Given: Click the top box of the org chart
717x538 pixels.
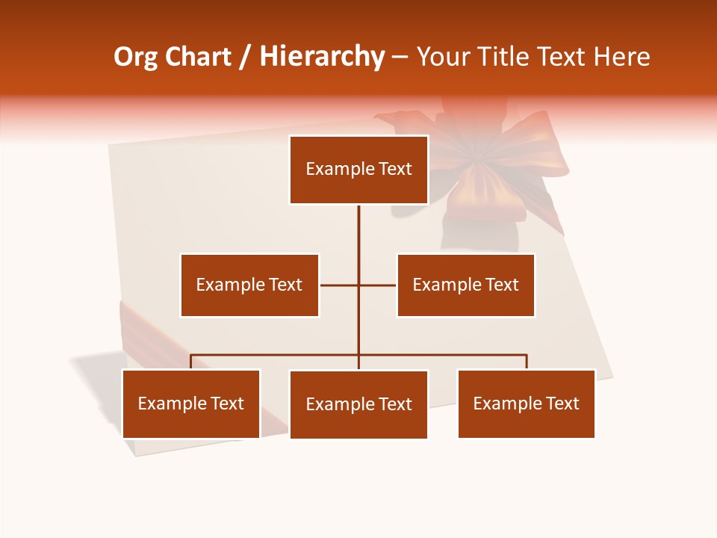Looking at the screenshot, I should (x=358, y=170).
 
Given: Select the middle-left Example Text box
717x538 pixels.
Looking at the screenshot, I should (x=249, y=285).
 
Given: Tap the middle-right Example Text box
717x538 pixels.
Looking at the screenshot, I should (x=465, y=285).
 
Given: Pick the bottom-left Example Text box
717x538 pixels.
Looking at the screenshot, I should (x=191, y=403).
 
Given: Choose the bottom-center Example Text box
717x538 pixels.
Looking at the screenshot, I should (x=358, y=404).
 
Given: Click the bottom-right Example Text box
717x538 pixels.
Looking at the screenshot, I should (x=526, y=403).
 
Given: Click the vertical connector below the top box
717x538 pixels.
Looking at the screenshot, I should (x=358, y=232).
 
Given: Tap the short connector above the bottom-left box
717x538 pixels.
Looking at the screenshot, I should (x=191, y=362).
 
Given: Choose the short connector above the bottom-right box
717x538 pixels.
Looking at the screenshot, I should (x=527, y=362).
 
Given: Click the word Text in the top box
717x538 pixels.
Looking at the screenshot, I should (x=394, y=169).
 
